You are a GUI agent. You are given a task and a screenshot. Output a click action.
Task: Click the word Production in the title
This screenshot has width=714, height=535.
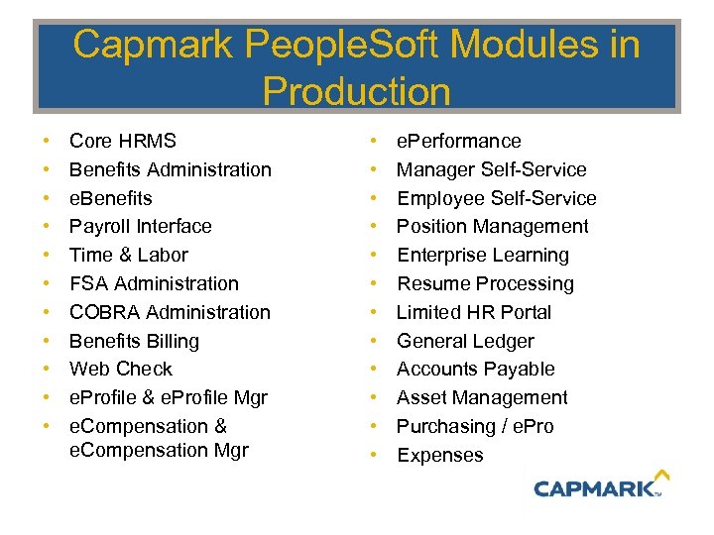pyautogui.click(x=356, y=91)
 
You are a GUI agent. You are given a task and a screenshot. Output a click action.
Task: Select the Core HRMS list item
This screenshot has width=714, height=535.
pyautogui.click(x=122, y=141)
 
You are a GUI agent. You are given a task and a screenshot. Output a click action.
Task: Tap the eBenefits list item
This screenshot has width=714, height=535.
pyautogui.click(x=110, y=198)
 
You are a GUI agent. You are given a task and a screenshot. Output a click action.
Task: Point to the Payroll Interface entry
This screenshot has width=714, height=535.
pyautogui.click(x=140, y=226)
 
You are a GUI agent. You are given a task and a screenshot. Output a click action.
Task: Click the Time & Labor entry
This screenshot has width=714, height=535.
pyautogui.click(x=128, y=255)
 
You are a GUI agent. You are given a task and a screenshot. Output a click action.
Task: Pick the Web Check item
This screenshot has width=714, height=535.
pyautogui.click(x=120, y=369)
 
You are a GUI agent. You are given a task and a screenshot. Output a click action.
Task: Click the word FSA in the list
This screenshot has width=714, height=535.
pyautogui.click(x=86, y=283)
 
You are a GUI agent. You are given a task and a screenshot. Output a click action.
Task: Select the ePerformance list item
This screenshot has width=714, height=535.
pyautogui.click(x=458, y=141)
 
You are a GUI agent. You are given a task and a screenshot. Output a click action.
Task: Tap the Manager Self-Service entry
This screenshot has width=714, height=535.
pyautogui.click(x=491, y=169)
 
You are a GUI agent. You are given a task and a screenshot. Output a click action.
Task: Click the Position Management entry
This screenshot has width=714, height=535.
pyautogui.click(x=492, y=226)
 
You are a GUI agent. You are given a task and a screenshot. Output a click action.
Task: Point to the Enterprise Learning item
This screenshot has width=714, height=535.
pyautogui.click(x=482, y=255)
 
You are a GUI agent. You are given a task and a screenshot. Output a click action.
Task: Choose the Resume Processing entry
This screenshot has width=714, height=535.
pyautogui.click(x=485, y=283)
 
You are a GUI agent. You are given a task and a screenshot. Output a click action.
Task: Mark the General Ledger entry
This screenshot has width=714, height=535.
pyautogui.click(x=465, y=341)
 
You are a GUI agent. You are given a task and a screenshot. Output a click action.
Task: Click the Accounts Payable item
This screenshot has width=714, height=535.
pyautogui.click(x=475, y=369)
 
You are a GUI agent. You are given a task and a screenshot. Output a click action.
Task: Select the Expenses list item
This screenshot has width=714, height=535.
pyautogui.click(x=439, y=455)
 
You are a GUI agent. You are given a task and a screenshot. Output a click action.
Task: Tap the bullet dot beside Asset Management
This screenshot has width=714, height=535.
pyautogui.click(x=374, y=397)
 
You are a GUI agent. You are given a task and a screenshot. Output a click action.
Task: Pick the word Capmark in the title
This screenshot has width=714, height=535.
pyautogui.click(x=150, y=45)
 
